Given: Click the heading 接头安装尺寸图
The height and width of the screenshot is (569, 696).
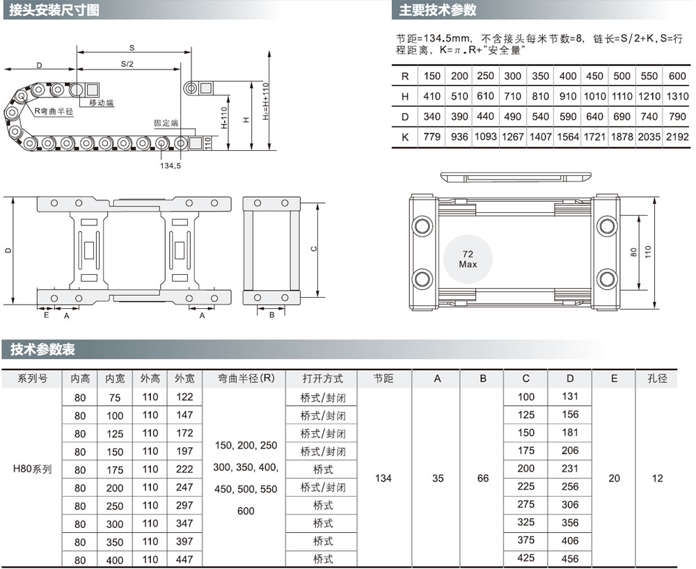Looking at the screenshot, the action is pyautogui.click(x=54, y=10).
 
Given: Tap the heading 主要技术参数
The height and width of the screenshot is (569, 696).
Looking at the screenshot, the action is pyautogui.click(x=437, y=10).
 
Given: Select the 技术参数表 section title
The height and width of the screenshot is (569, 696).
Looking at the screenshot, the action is pyautogui.click(x=42, y=349).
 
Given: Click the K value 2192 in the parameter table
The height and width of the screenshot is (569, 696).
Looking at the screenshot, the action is pyautogui.click(x=677, y=137).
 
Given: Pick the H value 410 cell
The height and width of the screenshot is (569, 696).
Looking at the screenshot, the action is pyautogui.click(x=432, y=96).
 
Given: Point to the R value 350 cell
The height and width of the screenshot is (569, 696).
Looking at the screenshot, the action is pyautogui.click(x=540, y=76).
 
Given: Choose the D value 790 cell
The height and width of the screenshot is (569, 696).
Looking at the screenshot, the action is pyautogui.click(x=677, y=117).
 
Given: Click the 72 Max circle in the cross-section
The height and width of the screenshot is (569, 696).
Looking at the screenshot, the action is pyautogui.click(x=468, y=259).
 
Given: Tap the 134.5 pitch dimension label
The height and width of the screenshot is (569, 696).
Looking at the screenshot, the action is pyautogui.click(x=171, y=166).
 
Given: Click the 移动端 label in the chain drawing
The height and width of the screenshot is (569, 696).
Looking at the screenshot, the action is pyautogui.click(x=101, y=103).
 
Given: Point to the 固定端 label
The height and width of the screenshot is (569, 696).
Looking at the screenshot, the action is pyautogui.click(x=166, y=123).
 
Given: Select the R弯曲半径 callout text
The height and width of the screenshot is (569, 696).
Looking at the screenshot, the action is pyautogui.click(x=54, y=111).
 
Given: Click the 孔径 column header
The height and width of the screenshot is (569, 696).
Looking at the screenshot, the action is pyautogui.click(x=657, y=378).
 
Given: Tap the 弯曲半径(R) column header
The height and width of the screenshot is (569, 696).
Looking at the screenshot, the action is pyautogui.click(x=246, y=378).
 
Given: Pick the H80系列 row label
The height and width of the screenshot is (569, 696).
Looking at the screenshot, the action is pyautogui.click(x=33, y=469).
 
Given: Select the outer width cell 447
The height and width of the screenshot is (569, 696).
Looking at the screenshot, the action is pyautogui.click(x=184, y=559).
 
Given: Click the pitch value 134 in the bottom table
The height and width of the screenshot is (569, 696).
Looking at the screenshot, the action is pyautogui.click(x=383, y=478).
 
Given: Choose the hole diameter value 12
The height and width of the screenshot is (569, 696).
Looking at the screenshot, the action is pyautogui.click(x=657, y=478).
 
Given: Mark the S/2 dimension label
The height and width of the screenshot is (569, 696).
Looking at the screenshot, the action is pyautogui.click(x=127, y=64).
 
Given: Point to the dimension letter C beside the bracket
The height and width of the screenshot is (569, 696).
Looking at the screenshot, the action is pyautogui.click(x=314, y=249).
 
